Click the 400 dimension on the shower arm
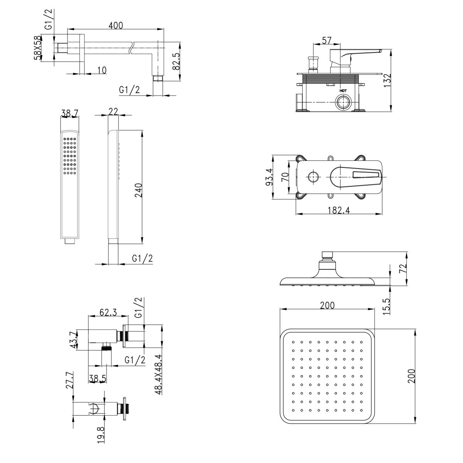point(116,25)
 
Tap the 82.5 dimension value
point(176,61)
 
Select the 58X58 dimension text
point(37,48)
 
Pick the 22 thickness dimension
point(113,111)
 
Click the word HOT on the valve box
point(343,91)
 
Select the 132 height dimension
point(387,81)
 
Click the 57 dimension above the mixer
point(326,41)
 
